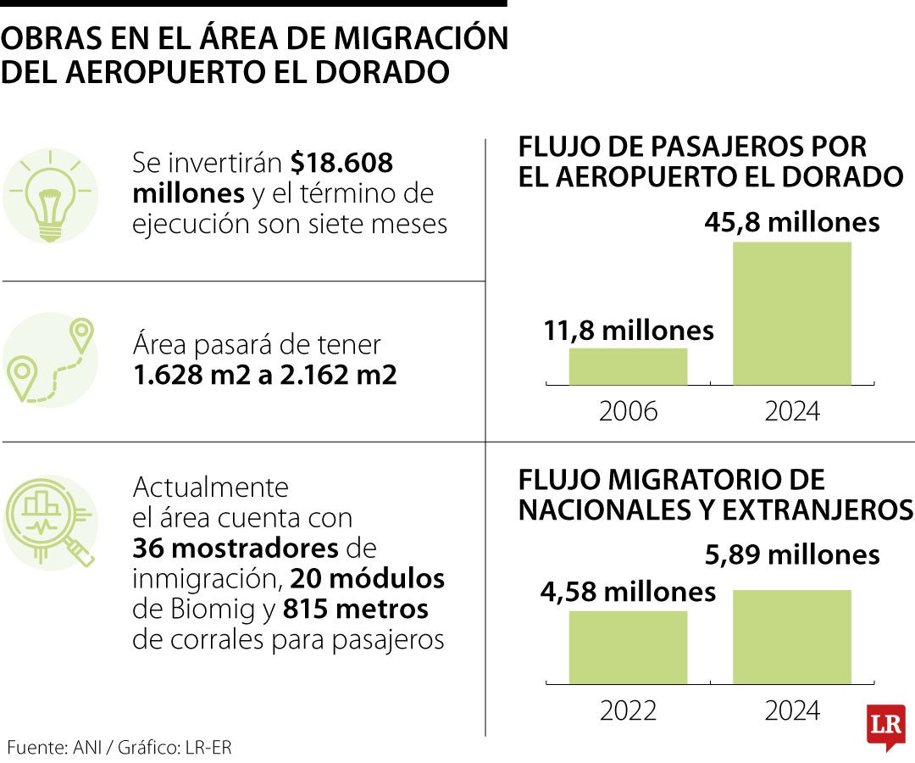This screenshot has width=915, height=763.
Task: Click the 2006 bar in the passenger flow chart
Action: pos(628,366)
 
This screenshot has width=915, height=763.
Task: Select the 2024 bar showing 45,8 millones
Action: pos(791,314)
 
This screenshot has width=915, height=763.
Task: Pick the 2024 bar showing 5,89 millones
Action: pos(791,637)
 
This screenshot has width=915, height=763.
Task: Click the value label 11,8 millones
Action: pos(628,330)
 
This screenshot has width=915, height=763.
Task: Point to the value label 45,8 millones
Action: pos(792,222)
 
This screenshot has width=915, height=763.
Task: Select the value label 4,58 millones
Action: pos(628,591)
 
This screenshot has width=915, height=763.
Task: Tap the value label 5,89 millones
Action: pos(792,555)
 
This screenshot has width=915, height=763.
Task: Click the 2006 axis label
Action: pos(628,411)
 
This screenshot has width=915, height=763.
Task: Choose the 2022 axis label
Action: pos(628,710)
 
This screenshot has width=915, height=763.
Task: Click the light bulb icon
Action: pos(49,196)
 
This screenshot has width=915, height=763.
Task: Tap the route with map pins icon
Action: pos(49,359)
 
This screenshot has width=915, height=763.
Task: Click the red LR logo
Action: pos(885,726)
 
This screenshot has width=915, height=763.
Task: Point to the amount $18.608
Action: pos(341,163)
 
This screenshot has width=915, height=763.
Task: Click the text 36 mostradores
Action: pos(234,549)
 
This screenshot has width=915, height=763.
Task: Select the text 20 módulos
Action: pos(367,579)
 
